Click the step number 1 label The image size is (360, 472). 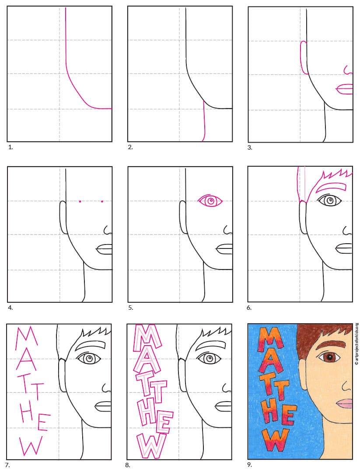10,147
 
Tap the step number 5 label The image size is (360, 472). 130,308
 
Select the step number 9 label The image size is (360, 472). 249,465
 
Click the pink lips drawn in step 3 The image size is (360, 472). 344,89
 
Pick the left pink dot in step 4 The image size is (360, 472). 80,201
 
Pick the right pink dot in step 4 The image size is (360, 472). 102,201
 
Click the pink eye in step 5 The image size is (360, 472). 210,200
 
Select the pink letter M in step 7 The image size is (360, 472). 26,340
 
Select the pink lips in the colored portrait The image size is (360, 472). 344,403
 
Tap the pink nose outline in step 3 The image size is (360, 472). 348,70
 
